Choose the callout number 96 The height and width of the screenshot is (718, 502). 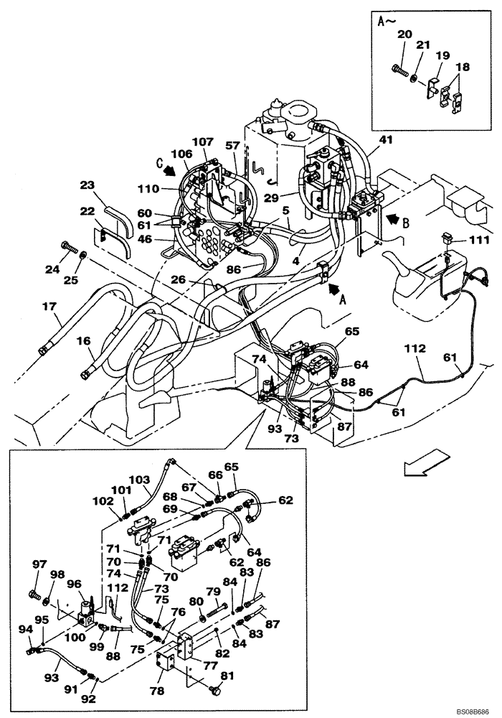click(x=74, y=584)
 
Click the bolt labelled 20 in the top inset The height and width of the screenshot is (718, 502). click(x=400, y=70)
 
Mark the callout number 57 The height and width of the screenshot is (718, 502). click(x=232, y=145)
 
